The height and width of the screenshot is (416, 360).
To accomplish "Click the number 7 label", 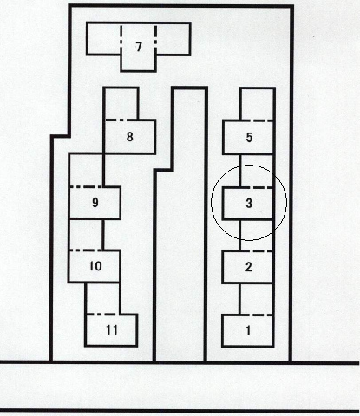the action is click(x=139, y=47).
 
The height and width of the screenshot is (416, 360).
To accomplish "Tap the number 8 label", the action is click(x=130, y=137).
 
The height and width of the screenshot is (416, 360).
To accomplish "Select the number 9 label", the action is click(x=95, y=203).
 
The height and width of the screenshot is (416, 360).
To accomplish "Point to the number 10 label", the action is click(x=95, y=266).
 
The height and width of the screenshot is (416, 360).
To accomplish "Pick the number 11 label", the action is click(x=112, y=330).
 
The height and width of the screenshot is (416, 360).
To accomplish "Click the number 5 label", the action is click(x=249, y=137).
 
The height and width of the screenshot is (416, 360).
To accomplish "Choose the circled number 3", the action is click(x=249, y=203).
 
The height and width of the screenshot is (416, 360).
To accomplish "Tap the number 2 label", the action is click(x=248, y=267).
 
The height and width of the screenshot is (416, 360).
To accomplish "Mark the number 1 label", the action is click(x=248, y=330).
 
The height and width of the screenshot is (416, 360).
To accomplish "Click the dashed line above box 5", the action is click(x=257, y=120).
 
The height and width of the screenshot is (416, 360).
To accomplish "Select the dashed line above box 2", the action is click(x=257, y=251).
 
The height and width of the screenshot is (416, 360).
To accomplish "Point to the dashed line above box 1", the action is click(x=257, y=315).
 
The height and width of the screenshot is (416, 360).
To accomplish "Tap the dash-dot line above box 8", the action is click(x=121, y=120).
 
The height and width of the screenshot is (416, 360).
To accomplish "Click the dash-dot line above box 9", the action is click(x=86, y=187).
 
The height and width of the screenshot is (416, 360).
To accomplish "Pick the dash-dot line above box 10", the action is click(x=86, y=250).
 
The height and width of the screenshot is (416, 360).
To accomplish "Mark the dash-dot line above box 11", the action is click(x=102, y=314).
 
